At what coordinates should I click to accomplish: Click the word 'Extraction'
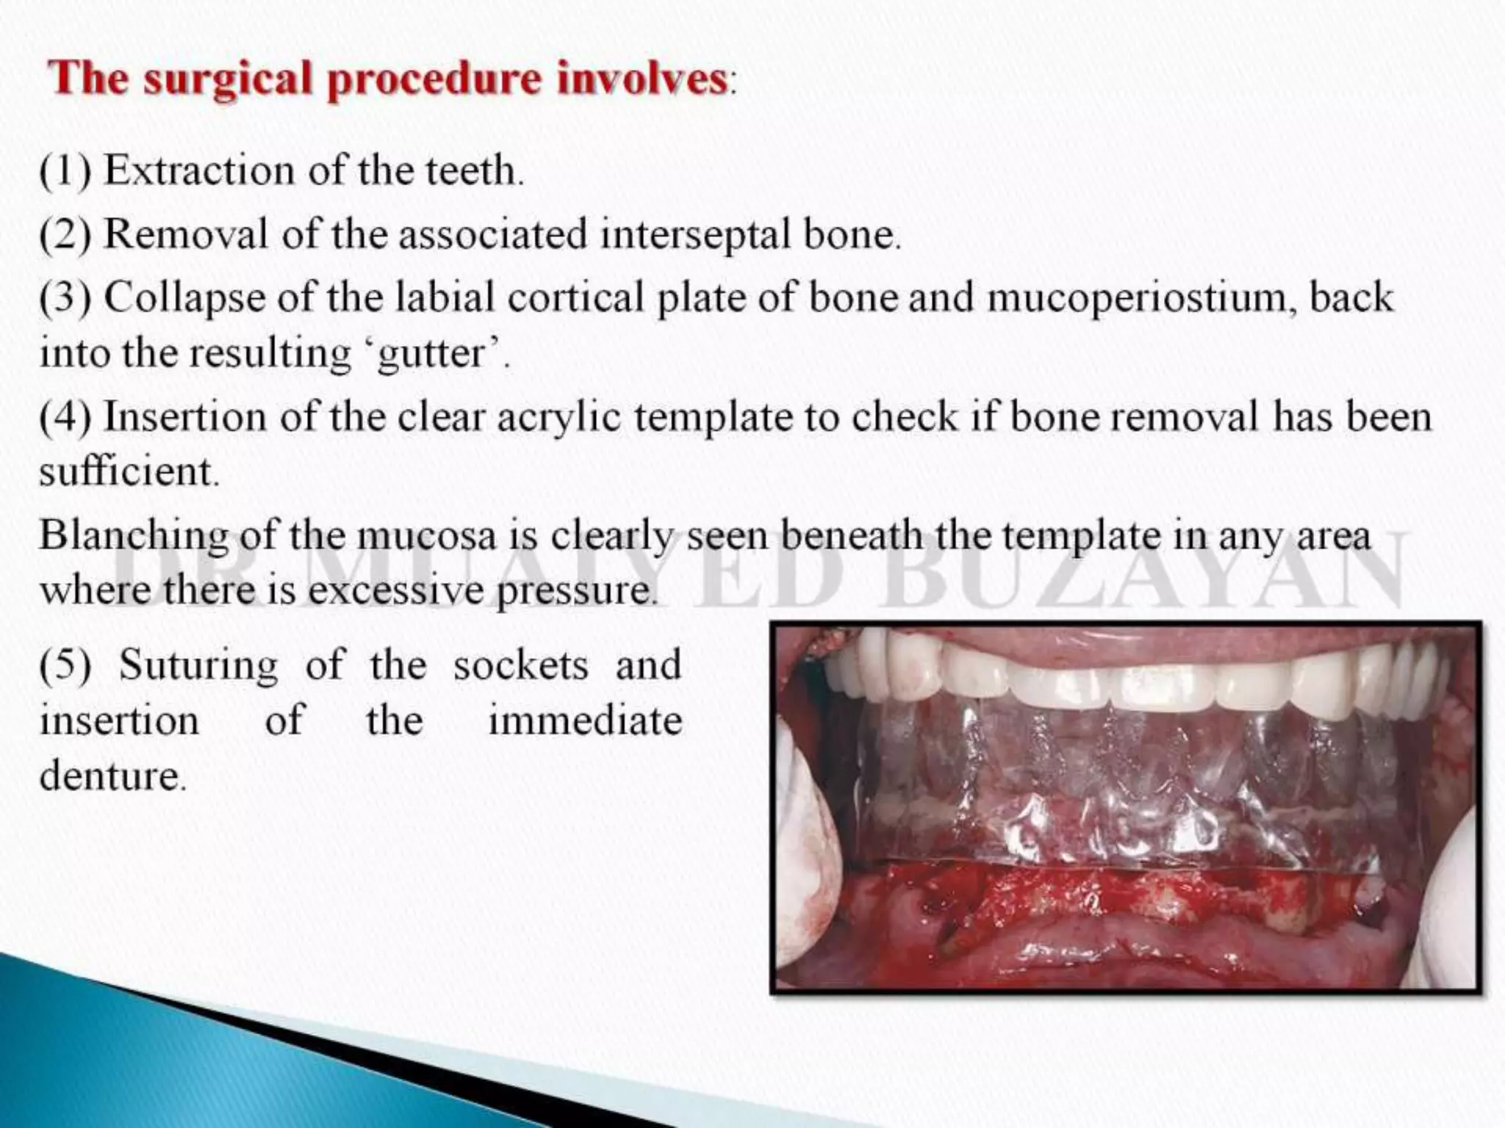pyautogui.click(x=200, y=171)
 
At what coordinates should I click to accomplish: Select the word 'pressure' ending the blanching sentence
pyautogui.click(x=575, y=590)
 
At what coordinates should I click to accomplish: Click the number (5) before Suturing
pyautogui.click(x=65, y=665)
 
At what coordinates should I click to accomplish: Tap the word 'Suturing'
pyautogui.click(x=198, y=665)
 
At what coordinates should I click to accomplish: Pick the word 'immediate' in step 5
pyautogui.click(x=585, y=720)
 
